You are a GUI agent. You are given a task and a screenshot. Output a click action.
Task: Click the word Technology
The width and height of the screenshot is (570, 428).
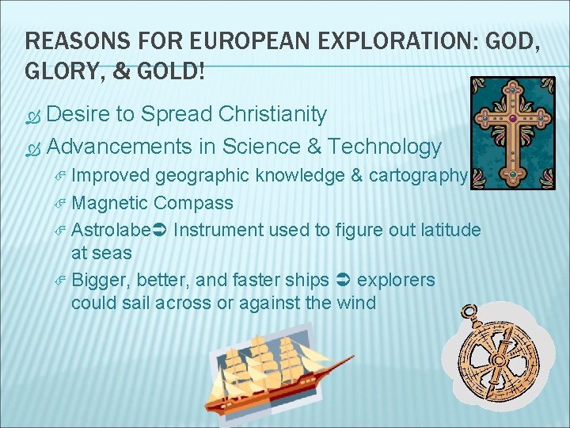(x=385, y=147)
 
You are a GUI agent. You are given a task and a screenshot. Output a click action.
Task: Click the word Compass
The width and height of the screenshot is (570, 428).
(x=194, y=203)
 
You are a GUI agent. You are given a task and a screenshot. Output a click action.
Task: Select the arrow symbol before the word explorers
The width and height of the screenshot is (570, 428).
(x=344, y=281)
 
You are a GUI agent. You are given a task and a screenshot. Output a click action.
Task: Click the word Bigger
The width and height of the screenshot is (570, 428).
(x=101, y=281)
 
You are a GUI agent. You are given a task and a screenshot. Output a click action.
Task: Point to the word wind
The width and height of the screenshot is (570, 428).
(x=356, y=302)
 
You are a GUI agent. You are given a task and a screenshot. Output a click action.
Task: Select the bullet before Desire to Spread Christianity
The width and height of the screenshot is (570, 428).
(x=32, y=116)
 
